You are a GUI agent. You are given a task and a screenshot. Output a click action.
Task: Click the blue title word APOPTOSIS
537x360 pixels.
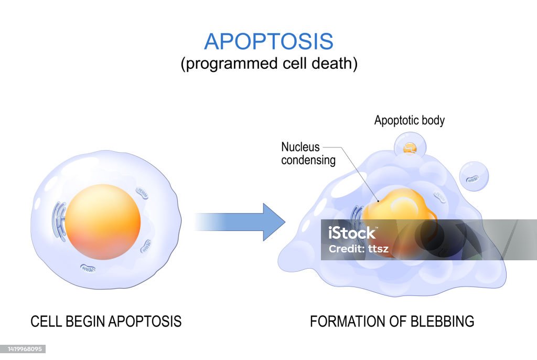pyautogui.click(x=268, y=41)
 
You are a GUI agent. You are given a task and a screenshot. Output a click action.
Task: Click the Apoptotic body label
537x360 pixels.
pyautogui.click(x=409, y=120)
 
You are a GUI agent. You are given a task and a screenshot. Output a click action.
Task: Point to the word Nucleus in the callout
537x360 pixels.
pyautogui.click(x=300, y=147)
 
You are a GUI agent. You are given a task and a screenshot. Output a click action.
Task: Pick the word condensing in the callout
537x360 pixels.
pyautogui.click(x=308, y=160)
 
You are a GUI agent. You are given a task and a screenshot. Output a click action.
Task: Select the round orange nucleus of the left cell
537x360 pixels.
pyautogui.click(x=103, y=221)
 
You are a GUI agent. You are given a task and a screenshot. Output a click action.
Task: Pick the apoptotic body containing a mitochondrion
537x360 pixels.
pyautogui.click(x=474, y=176)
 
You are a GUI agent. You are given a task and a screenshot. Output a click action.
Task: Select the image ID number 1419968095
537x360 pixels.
pyautogui.click(x=24, y=349)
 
